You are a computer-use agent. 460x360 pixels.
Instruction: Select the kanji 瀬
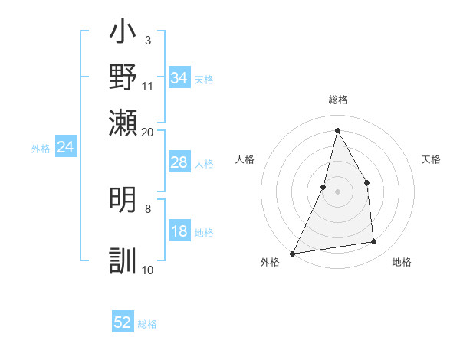coord(123,121)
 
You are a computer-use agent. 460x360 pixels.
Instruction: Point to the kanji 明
coord(123,201)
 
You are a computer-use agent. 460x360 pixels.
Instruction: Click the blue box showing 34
coord(179,77)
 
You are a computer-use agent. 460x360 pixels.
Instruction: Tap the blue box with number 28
coord(179,162)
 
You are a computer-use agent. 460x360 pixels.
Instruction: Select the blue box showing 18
coord(179,232)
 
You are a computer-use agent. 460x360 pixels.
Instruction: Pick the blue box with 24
coord(66,147)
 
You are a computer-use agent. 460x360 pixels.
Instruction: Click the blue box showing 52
coord(123,322)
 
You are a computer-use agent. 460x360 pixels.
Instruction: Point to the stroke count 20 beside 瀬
coord(148,132)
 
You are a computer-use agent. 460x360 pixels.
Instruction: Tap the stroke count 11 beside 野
coord(148,85)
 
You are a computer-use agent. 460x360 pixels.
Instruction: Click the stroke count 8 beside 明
coord(148,208)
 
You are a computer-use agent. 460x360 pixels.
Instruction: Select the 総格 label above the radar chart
coord(337,100)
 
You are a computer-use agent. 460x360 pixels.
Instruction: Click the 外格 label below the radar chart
coord(270,262)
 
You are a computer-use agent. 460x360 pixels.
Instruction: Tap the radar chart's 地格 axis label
coord(402,262)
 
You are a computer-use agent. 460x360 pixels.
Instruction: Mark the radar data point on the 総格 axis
coord(337,130)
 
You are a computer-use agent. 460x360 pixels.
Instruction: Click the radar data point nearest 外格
coord(293,253)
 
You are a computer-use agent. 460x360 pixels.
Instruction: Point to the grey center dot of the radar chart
coord(337,191)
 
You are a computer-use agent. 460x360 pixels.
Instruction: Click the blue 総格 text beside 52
coord(147,323)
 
